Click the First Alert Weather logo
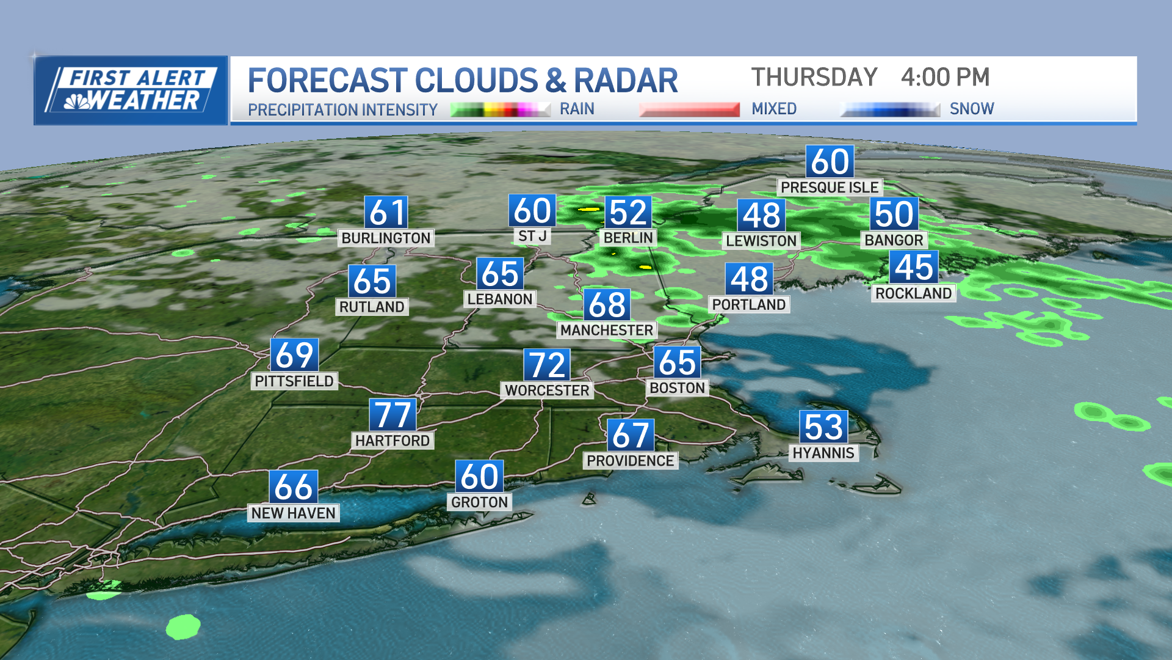pyautogui.click(x=131, y=90)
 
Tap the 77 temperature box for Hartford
pyautogui.click(x=392, y=415)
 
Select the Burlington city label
pyautogui.click(x=386, y=238)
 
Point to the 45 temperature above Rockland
pyautogui.click(x=913, y=268)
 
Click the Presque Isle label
pyautogui.click(x=830, y=187)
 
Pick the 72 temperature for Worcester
pyautogui.click(x=547, y=365)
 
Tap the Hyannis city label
pyautogui.click(x=823, y=453)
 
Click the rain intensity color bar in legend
pyautogui.click(x=501, y=109)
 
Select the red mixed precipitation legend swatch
pyautogui.click(x=689, y=109)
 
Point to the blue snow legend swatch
pyautogui.click(x=890, y=109)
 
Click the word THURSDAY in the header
pyautogui.click(x=814, y=78)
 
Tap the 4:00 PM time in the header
pyautogui.click(x=945, y=78)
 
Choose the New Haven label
pyautogui.click(x=294, y=513)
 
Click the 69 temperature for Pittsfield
pyautogui.click(x=294, y=355)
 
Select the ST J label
pyautogui.click(x=532, y=236)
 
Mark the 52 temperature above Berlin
pyautogui.click(x=628, y=213)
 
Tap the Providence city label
pyautogui.click(x=631, y=460)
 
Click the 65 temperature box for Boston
pyautogui.click(x=677, y=362)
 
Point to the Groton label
pyautogui.click(x=479, y=502)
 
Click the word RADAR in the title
pyautogui.click(x=626, y=81)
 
